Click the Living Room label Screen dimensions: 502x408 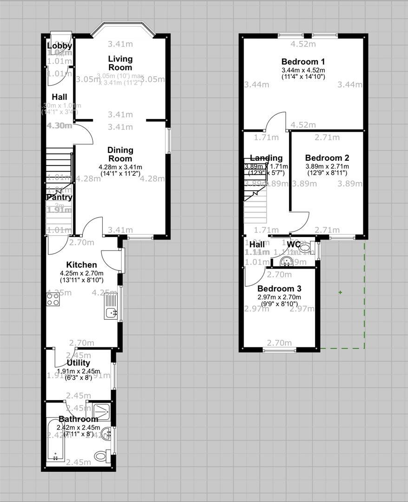120,63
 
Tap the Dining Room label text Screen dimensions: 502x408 120,154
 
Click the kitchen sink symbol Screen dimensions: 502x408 111,312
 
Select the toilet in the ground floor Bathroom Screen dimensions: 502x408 102,456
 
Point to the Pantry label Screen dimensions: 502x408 59,197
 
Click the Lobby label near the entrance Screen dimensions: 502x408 59,46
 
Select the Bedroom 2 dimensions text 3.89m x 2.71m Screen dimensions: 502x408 327,166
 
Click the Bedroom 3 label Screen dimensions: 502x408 276,289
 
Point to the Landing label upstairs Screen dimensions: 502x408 266,158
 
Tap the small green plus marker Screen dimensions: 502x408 340,292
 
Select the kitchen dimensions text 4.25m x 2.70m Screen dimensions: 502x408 81,273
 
